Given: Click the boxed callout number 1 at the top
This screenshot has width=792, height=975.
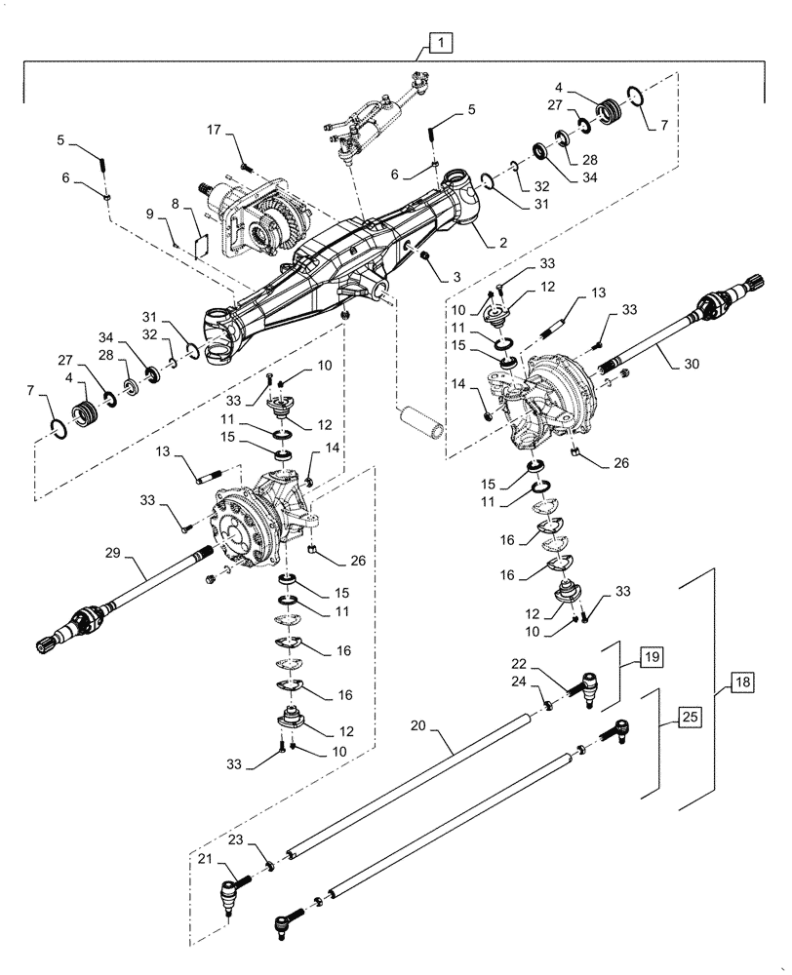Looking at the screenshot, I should (440, 43).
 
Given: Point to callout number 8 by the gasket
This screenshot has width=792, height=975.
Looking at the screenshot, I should (177, 206).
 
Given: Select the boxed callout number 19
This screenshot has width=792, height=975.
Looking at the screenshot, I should (651, 657).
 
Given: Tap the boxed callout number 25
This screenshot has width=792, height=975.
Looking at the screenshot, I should (689, 717).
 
